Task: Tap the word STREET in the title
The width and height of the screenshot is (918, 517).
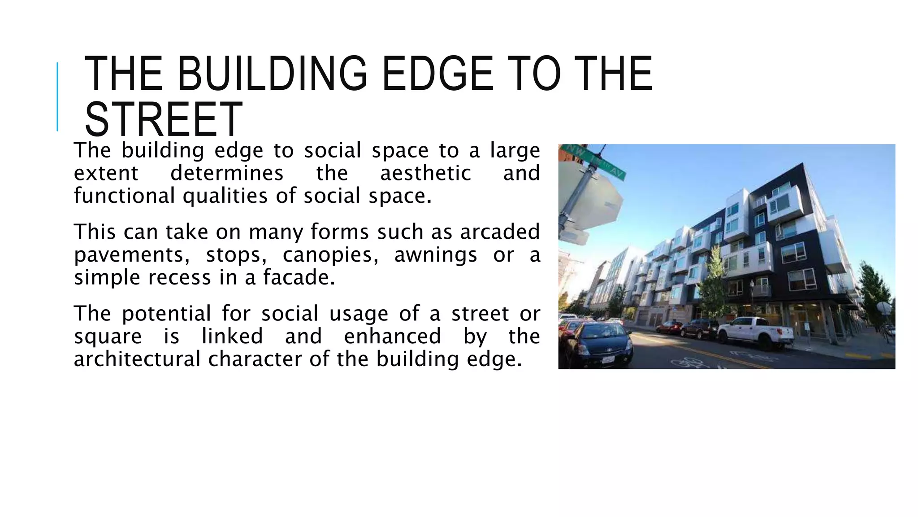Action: [x=163, y=119]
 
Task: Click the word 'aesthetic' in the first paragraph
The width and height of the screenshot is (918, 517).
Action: [x=425, y=173]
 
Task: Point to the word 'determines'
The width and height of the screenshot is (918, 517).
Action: [x=227, y=173]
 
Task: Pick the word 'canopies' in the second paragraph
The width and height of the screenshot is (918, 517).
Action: [x=330, y=255]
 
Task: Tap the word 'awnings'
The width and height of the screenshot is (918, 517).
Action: [x=435, y=255]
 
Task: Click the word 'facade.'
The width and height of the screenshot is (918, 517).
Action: [x=299, y=277]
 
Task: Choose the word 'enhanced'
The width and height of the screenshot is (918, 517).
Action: [x=392, y=336]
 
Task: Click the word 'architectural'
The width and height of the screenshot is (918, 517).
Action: [x=137, y=359]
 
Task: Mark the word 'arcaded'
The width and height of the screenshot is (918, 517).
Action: [x=500, y=232]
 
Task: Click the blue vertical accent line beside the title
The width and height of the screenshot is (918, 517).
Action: [x=57, y=96]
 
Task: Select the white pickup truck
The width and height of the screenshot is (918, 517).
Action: [x=755, y=333]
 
